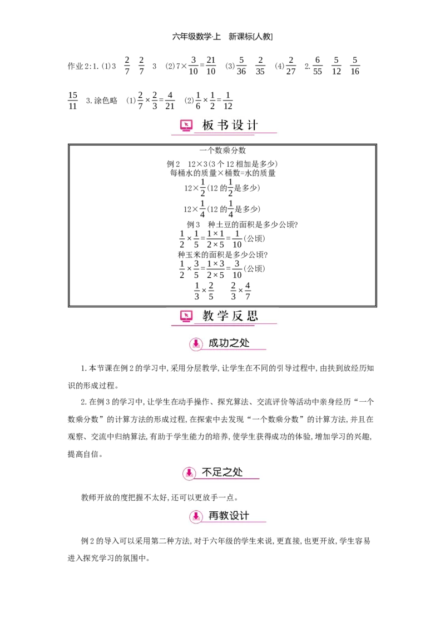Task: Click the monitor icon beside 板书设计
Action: pyautogui.click(x=186, y=126)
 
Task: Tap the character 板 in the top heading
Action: pyautogui.click(x=208, y=126)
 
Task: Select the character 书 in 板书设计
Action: pyautogui.click(x=223, y=126)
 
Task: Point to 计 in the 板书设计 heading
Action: pyautogui.click(x=253, y=126)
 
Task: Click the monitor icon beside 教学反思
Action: pyautogui.click(x=186, y=317)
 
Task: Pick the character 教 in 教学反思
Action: pyautogui.click(x=208, y=317)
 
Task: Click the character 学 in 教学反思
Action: pyautogui.click(x=223, y=317)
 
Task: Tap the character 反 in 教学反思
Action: pyautogui.click(x=238, y=317)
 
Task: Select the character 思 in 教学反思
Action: pyautogui.click(x=253, y=317)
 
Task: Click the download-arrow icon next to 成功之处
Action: pyautogui.click(x=196, y=345)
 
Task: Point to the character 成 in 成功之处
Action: pyautogui.click(x=214, y=343)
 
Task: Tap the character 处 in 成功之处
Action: pyautogui.click(x=245, y=343)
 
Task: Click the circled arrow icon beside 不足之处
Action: pyautogui.click(x=189, y=473)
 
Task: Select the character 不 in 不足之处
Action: pyautogui.click(x=207, y=472)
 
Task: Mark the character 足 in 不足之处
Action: pyautogui.click(x=217, y=472)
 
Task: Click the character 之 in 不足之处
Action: pyautogui.click(x=228, y=472)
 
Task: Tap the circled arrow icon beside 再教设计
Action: pyautogui.click(x=196, y=517)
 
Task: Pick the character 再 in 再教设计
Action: pyautogui.click(x=214, y=516)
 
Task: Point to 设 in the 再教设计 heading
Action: pyautogui.click(x=234, y=516)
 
